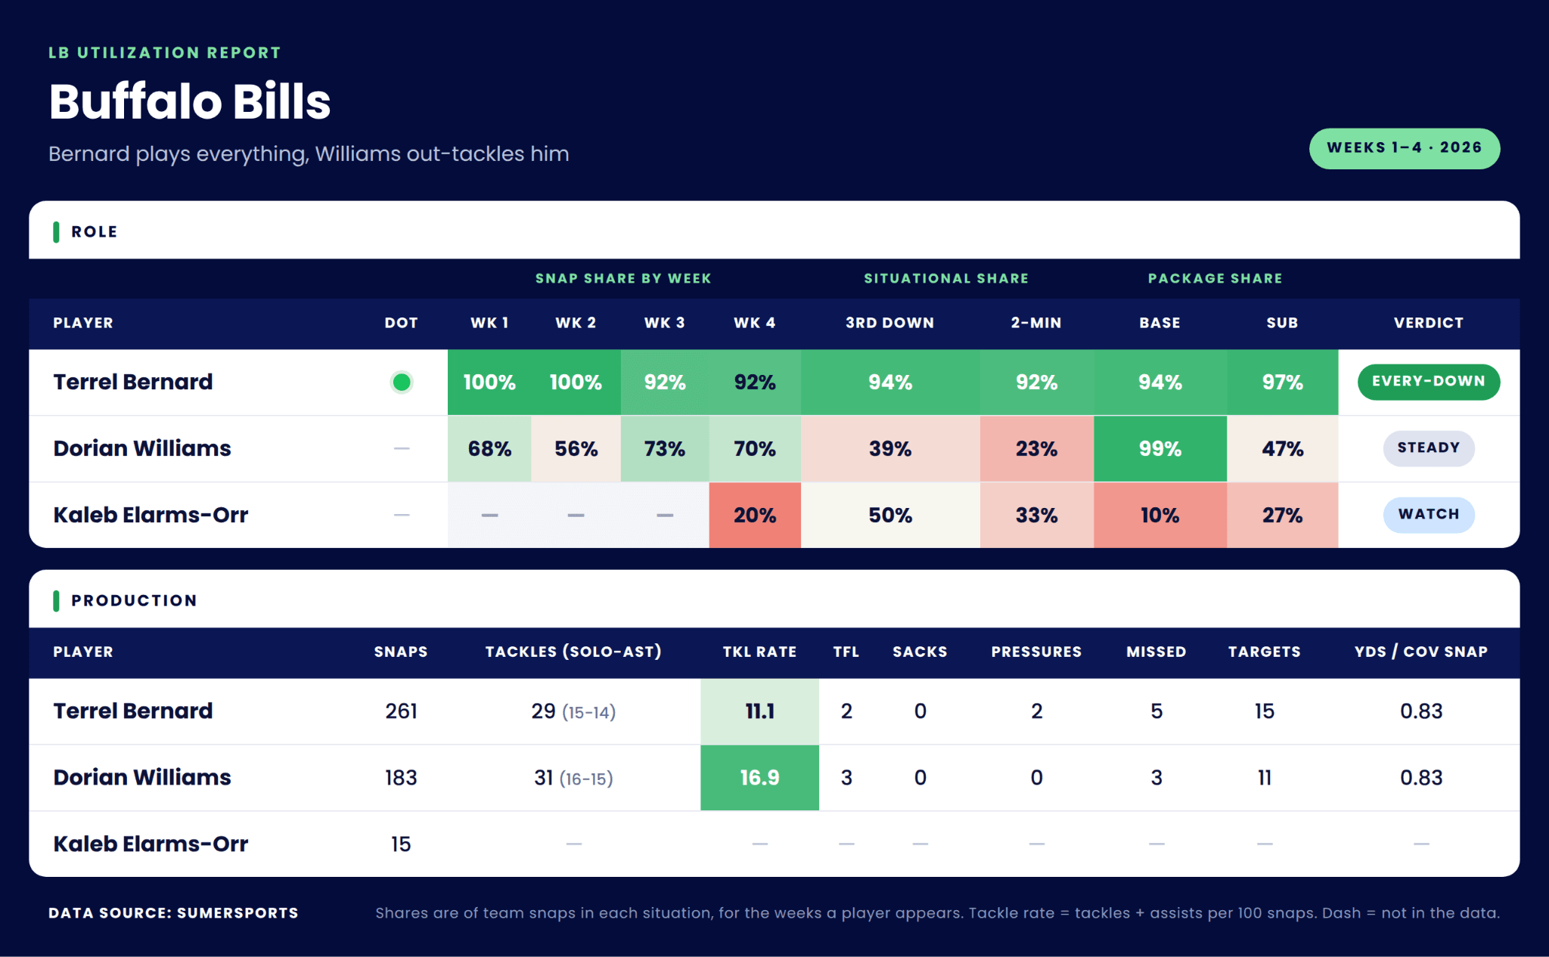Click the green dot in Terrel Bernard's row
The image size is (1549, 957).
402,382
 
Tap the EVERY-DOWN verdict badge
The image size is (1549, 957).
1428,382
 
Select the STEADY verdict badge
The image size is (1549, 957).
1428,448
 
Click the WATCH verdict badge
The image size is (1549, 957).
1428,515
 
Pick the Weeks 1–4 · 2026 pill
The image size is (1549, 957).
1404,148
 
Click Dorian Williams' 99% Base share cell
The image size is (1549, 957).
1159,449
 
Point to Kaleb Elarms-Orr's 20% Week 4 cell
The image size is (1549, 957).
755,516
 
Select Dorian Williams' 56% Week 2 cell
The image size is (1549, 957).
576,449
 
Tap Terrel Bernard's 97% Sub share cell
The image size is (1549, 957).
1282,382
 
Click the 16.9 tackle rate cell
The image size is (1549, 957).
759,778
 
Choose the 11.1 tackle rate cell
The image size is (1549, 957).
759,711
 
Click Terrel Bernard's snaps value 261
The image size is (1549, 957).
401,711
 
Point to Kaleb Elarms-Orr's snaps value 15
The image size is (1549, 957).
401,844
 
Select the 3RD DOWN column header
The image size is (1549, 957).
889,323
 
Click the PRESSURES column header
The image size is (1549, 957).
1036,652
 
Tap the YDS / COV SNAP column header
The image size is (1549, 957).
1420,652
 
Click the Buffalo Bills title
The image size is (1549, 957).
190,101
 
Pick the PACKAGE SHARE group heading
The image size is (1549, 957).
1215,278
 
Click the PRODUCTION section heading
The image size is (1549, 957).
134,601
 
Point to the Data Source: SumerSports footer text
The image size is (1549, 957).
173,913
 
